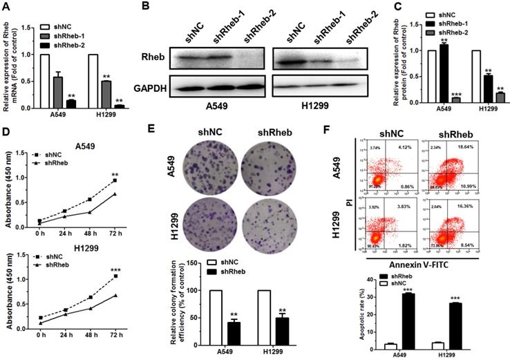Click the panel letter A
click(6, 7)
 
